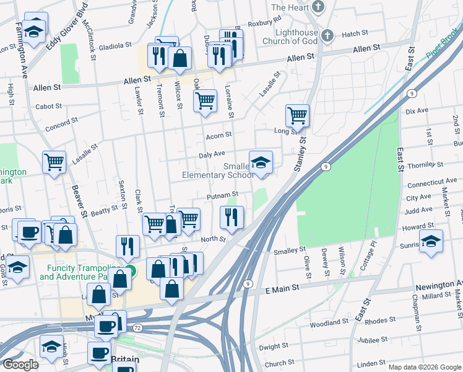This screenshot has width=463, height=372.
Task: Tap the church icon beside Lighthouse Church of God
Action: click(327, 35)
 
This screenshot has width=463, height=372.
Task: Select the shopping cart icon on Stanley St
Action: click(298, 115)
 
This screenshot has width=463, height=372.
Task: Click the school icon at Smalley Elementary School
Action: click(261, 162)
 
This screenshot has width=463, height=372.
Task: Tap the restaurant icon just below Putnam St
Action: click(232, 217)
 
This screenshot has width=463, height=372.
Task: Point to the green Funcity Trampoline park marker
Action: click(131, 271)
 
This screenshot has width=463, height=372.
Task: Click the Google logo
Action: click(21, 365)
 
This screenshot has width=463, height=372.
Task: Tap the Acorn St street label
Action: click(219, 135)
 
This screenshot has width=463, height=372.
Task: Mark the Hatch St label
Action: click(355, 33)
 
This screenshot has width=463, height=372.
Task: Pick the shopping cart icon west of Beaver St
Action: click(54, 162)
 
